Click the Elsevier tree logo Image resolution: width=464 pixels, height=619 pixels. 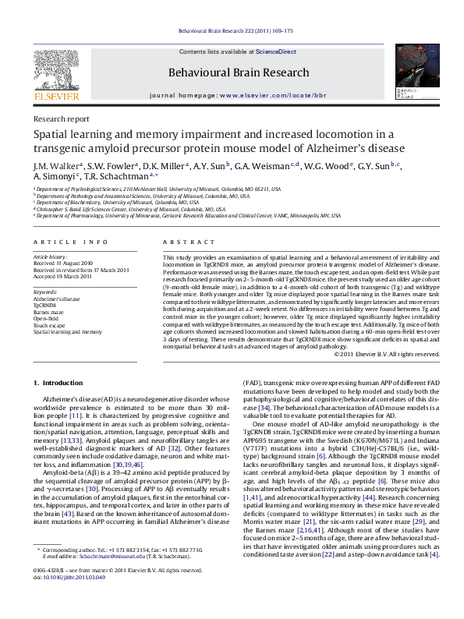click(x=56, y=73)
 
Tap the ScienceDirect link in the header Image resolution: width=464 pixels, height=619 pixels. click(x=276, y=51)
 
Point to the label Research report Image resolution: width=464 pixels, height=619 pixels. click(x=61, y=119)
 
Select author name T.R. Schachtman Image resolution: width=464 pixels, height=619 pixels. click(x=115, y=177)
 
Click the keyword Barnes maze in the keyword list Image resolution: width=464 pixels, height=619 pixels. click(x=48, y=312)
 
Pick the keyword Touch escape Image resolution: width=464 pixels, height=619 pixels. click(x=50, y=325)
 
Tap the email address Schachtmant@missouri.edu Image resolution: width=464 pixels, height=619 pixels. click(x=106, y=579)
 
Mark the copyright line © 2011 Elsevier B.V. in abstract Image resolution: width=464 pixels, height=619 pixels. click(x=377, y=355)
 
